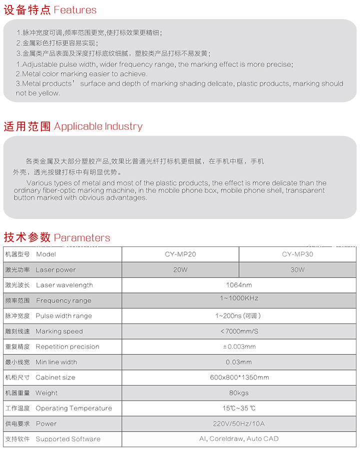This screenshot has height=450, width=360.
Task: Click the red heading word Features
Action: pos(75,10)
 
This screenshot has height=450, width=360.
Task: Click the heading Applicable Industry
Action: pos(98,126)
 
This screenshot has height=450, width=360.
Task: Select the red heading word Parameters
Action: pos(82,237)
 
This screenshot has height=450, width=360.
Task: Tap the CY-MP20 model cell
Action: pos(180,254)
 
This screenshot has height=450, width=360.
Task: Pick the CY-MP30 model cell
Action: pos(297,254)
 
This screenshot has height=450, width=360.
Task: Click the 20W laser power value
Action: pos(180,269)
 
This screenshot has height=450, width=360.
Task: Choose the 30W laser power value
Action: pos(297,269)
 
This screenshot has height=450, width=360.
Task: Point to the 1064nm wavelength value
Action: pos(239,285)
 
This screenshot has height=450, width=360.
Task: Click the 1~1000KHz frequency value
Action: pos(239,298)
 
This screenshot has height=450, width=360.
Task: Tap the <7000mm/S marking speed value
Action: pos(239,331)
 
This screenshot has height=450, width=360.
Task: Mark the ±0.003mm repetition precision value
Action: pos(239,347)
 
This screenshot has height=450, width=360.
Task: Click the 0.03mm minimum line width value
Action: pos(239,362)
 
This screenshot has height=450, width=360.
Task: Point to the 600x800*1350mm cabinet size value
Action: pos(239,377)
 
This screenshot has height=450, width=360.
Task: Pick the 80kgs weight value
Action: pos(239,393)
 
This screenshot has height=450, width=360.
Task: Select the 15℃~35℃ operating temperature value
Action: pos(239,408)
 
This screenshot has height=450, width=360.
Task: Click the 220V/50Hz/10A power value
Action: pos(239,424)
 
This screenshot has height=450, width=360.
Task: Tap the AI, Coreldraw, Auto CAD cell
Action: pos(239,439)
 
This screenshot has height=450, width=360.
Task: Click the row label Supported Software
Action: pos(68,439)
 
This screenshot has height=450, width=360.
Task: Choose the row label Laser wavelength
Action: pos(64,285)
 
